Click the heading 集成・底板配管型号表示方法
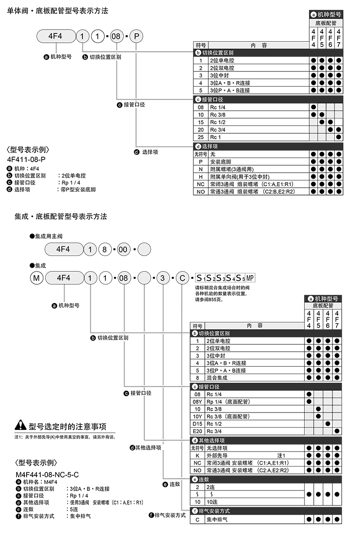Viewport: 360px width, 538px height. pyautogui.click(x=57, y=216)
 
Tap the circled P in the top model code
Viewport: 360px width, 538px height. pyautogui.click(x=136, y=36)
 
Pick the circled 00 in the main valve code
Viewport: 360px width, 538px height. pyautogui.click(x=123, y=250)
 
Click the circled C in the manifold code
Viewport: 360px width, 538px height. pyautogui.click(x=182, y=278)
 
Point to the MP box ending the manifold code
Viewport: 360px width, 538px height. pyautogui.click(x=250, y=278)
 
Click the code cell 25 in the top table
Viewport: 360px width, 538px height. pyautogui.click(x=200, y=137)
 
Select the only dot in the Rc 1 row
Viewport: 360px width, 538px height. pyautogui.click(x=338, y=137)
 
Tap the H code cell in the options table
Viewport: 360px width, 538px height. pyautogui.click(x=200, y=176)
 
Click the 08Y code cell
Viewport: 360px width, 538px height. pyautogui.click(x=197, y=402)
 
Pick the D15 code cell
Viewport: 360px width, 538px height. pyautogui.click(x=197, y=424)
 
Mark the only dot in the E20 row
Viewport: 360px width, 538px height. pyautogui.click(x=338, y=431)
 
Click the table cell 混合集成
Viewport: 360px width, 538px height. pyautogui.click(x=217, y=378)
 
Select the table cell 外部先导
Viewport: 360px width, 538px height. pyautogui.click(x=218, y=456)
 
